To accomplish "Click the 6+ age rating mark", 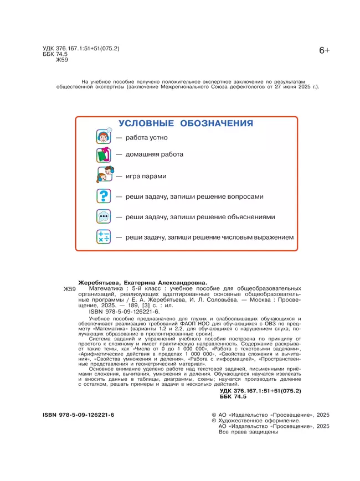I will [324, 50].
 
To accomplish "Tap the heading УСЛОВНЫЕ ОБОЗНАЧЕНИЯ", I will [186, 123].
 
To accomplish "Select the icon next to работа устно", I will [104, 137].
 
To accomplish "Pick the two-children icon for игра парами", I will [104, 176].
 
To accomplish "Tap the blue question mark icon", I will [104, 196].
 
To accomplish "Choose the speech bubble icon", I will [104, 216].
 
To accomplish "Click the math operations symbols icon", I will [104, 237].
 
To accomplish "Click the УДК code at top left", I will [81, 49].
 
